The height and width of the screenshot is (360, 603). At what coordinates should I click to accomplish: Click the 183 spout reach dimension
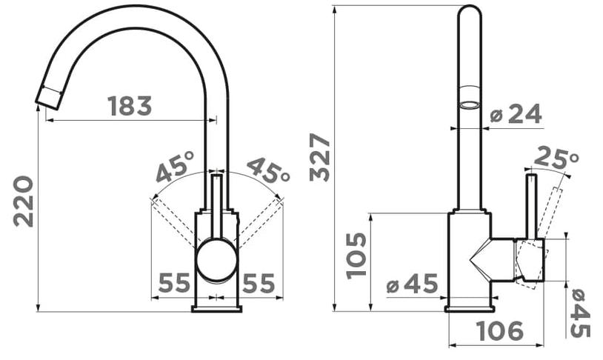point(130,106)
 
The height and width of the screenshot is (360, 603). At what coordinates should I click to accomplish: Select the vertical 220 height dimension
point(23,201)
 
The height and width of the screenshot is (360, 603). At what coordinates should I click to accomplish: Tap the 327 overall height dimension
point(320,157)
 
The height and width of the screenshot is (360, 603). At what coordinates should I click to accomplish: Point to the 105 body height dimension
point(356,256)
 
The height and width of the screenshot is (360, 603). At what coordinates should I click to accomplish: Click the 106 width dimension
point(499,331)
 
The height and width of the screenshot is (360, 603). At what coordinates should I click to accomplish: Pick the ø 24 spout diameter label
point(516,113)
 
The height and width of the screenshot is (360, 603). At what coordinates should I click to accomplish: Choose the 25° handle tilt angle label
point(556,158)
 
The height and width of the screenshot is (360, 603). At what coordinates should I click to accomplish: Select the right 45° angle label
point(268,170)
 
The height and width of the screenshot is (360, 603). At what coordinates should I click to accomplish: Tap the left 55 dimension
point(174,283)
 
